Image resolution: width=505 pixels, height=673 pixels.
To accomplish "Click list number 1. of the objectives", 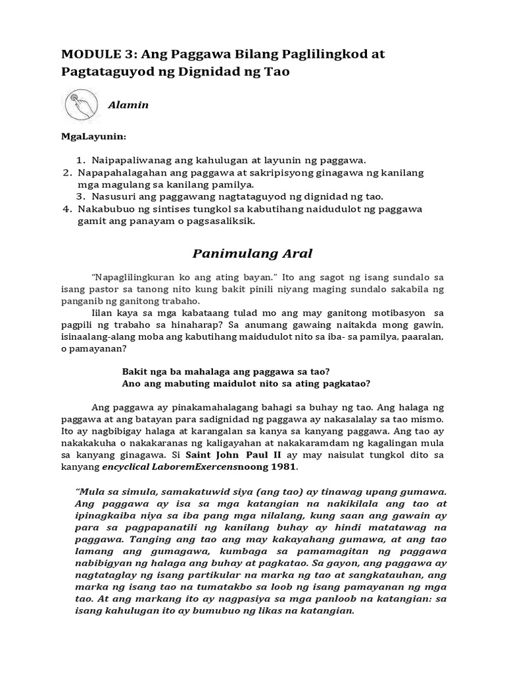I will click(81, 160).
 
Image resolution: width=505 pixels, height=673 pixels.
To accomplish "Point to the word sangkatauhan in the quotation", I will click(372, 574).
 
